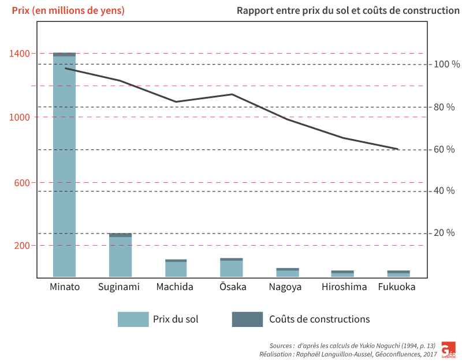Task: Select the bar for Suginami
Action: coord(121,255)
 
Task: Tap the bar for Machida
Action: coord(176,268)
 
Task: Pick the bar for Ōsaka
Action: coord(232,268)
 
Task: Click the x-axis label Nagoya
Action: coord(285,287)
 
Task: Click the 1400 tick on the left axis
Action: coord(19,54)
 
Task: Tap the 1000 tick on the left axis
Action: coord(19,117)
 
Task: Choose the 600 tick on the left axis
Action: coord(21,183)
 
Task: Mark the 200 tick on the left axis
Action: coord(21,246)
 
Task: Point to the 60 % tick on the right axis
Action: coord(444,149)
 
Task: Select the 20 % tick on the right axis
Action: coord(444,233)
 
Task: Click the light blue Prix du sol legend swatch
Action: coord(133,319)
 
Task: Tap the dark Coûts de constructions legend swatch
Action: coord(247,319)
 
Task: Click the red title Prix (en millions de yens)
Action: coord(68,11)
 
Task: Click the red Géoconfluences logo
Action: coord(448,349)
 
